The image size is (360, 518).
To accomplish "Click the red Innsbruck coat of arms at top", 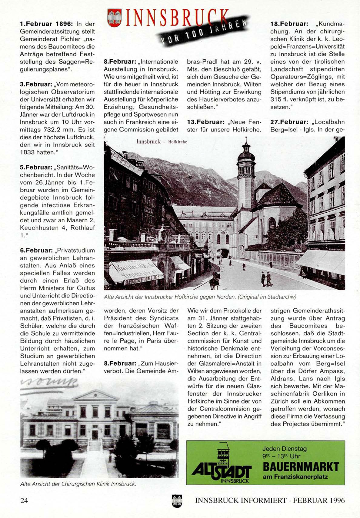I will click(x=114, y=18).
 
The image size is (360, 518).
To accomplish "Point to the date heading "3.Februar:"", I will click(x=36, y=84).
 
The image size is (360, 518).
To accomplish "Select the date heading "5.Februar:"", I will click(x=36, y=167).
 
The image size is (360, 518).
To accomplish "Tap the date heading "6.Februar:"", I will click(x=36, y=251).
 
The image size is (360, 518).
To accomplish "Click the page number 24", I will click(x=24, y=500).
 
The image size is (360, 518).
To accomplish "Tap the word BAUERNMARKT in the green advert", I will click(x=301, y=467).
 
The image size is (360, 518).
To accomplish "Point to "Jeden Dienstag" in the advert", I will click(x=284, y=449).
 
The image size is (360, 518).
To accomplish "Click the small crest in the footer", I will click(x=177, y=501).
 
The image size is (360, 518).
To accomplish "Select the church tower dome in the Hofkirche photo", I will click(x=246, y=156).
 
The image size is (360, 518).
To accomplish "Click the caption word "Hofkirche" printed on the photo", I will click(x=178, y=142).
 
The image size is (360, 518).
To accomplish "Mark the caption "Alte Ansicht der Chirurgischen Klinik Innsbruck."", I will click(x=78, y=484).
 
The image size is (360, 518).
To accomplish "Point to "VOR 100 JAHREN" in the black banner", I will click(x=202, y=32).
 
